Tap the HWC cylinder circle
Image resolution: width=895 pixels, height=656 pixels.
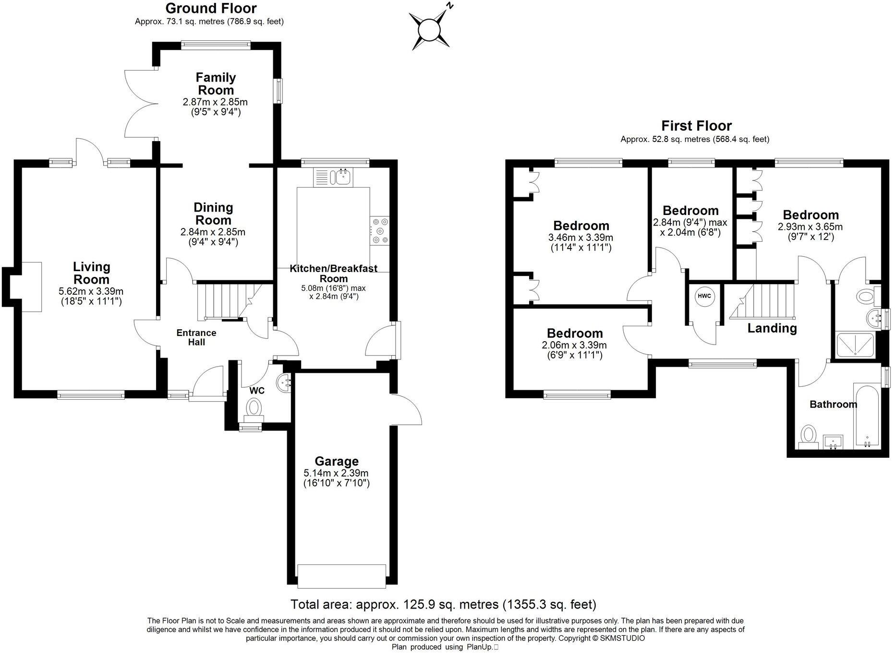click(x=704, y=296)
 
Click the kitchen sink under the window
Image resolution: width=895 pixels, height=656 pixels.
click(x=343, y=177)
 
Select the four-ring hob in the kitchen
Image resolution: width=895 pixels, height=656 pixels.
click(x=380, y=231)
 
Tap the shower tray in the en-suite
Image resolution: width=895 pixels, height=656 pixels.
click(x=855, y=345)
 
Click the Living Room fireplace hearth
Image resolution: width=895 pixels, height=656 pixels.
click(x=32, y=286)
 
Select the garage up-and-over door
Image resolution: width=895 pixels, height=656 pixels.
click(x=341, y=576)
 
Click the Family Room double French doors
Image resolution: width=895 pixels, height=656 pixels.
click(x=139, y=104)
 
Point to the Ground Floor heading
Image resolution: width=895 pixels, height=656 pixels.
click(x=211, y=8)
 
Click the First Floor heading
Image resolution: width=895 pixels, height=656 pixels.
click(x=696, y=126)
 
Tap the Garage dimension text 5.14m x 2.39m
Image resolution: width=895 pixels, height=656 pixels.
click(x=336, y=473)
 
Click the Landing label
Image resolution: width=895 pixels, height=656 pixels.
click(x=772, y=328)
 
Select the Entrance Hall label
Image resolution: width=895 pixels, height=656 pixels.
click(x=196, y=337)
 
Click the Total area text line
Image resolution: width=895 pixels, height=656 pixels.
click(x=443, y=604)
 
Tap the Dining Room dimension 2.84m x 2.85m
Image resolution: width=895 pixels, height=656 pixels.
click(x=213, y=232)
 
